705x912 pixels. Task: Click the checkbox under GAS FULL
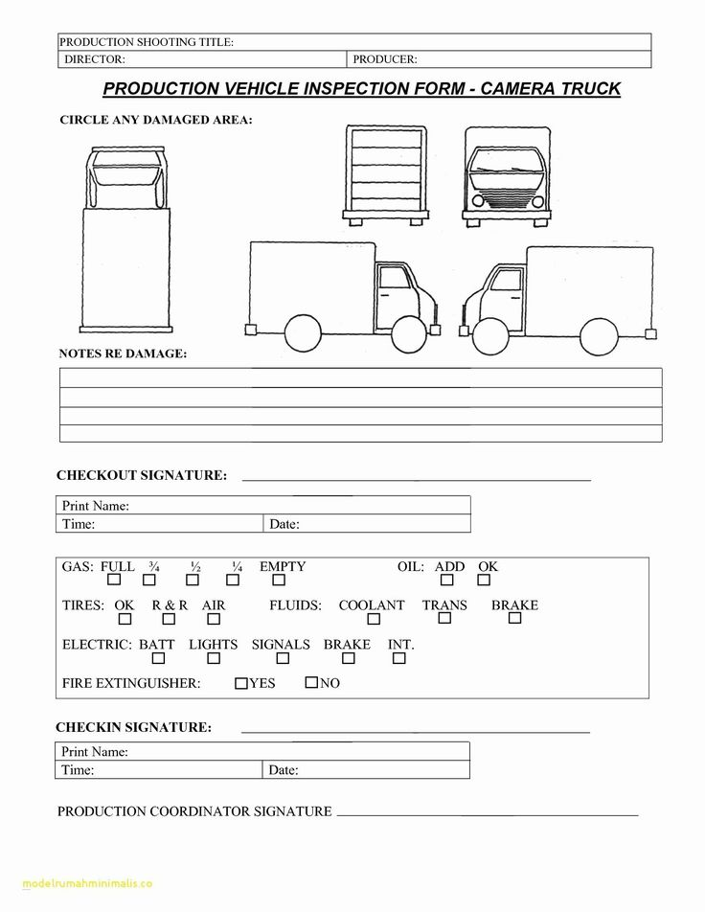114,581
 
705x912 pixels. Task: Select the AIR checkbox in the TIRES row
214,620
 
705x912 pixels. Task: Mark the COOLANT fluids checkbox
371,620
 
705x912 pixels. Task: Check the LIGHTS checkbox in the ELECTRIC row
214,659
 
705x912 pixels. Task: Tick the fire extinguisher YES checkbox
240,683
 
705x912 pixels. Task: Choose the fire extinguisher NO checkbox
311,683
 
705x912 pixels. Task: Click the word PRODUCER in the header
384,59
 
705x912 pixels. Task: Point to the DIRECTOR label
94,59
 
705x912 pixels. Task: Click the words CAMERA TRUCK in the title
551,89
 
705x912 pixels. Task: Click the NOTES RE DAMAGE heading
123,353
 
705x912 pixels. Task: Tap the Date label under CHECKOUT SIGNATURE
284,524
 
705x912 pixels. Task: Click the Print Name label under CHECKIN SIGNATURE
95,752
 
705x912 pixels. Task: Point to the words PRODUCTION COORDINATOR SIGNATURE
194,811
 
